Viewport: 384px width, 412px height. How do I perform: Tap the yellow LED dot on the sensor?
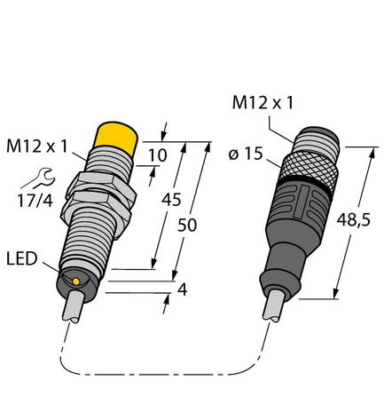pyautogui.click(x=78, y=281)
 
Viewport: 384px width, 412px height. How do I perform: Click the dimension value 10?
pyautogui.click(x=158, y=157)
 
